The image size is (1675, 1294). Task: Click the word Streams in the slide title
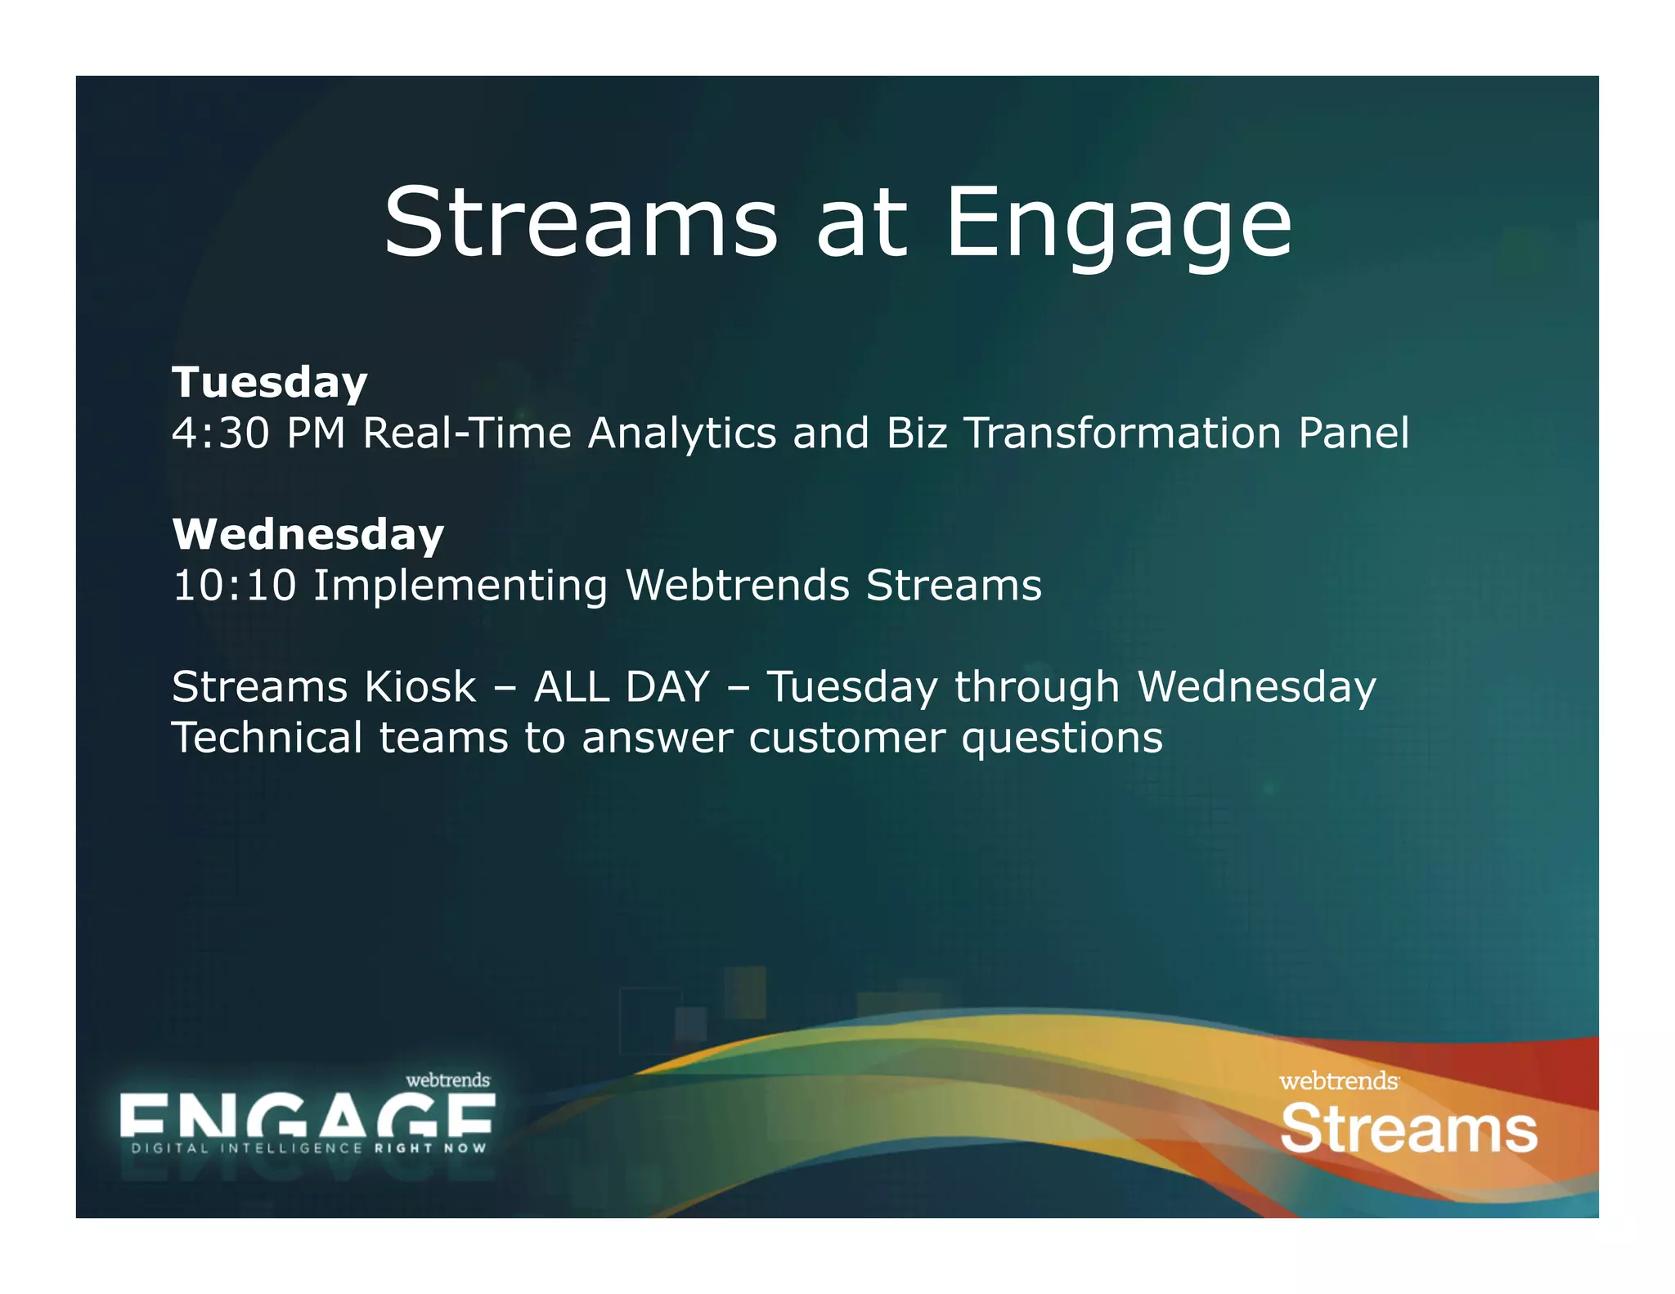pos(581,222)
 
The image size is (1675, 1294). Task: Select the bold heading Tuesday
pos(269,383)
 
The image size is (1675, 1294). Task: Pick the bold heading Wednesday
pos(308,535)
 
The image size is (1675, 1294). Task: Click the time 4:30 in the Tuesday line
pos(220,433)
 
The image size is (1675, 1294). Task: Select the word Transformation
pos(1122,433)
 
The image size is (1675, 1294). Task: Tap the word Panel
pos(1354,433)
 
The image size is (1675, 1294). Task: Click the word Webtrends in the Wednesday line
pos(737,586)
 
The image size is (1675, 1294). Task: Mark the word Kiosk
pos(420,687)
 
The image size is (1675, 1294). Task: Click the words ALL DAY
pos(621,687)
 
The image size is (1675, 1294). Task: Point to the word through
pos(1036,687)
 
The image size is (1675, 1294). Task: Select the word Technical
pos(267,738)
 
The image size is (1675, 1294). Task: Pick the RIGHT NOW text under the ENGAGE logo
pos(430,1148)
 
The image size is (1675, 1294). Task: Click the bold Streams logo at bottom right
pos(1408,1130)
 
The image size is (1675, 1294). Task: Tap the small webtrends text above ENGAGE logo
pos(447,1081)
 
